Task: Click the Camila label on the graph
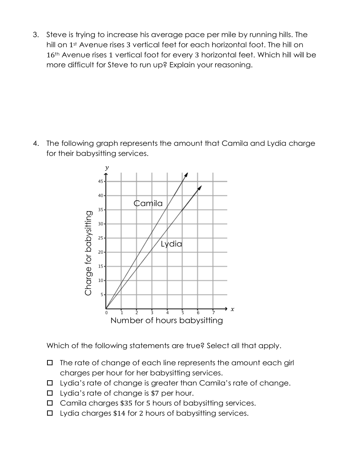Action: point(148,203)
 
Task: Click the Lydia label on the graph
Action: point(171,244)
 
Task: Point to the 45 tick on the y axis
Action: point(100,181)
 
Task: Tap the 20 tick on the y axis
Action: point(100,252)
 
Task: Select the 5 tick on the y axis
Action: point(102,294)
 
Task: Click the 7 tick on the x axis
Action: point(213,313)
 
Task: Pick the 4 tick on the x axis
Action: point(167,313)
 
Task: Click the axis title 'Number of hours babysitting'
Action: point(167,320)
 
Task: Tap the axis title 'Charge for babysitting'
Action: point(88,253)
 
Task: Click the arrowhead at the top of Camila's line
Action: point(186,174)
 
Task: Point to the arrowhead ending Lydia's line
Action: point(200,188)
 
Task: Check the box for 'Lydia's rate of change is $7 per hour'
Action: point(50,393)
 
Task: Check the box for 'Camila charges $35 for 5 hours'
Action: point(50,403)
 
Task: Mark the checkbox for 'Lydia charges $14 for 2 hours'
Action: point(50,413)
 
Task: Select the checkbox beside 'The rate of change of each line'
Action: point(50,363)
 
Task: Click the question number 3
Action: point(35,35)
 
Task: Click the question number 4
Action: point(35,144)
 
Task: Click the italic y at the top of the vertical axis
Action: point(107,168)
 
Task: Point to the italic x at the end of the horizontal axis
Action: point(232,309)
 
